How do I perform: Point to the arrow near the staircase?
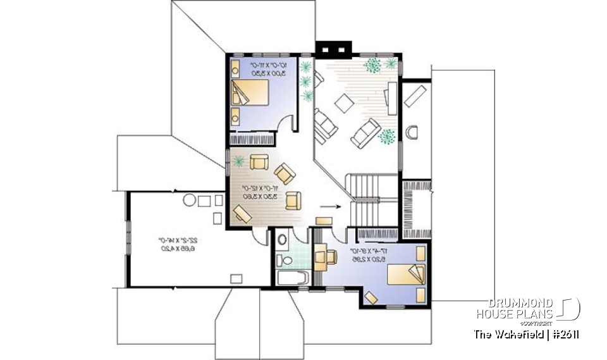pyautogui.click(x=330, y=206)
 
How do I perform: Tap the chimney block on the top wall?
pyautogui.click(x=333, y=48)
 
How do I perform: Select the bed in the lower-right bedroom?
pyautogui.click(x=401, y=275)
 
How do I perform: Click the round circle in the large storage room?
pyautogui.click(x=189, y=202)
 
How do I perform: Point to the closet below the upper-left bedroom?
pyautogui.click(x=252, y=139)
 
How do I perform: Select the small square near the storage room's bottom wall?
pyautogui.click(x=236, y=278)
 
